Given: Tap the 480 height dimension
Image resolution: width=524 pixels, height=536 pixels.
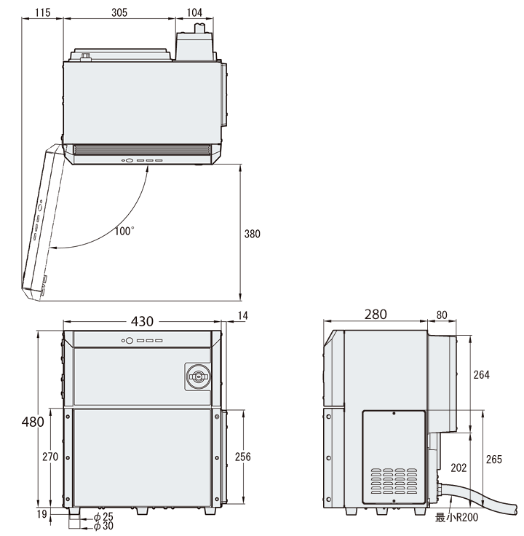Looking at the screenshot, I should tap(33, 421).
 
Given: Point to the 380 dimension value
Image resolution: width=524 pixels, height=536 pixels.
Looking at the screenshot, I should tap(253, 234).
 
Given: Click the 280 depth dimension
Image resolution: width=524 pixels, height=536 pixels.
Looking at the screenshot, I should tap(376, 314).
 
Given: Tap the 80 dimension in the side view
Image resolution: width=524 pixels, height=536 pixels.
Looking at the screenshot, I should tap(441, 315).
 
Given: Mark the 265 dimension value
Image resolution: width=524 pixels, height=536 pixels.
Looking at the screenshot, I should tap(493, 459).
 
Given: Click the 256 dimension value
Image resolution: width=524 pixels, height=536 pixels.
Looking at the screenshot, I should tap(243, 457).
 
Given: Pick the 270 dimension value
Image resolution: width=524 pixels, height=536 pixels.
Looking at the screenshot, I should tap(49, 457).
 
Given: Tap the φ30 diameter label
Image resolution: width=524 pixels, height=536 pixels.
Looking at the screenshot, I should tap(103, 526).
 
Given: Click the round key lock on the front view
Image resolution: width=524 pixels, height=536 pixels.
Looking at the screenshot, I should tap(197, 376).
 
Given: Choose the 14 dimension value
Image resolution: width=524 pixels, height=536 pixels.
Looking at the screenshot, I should tap(242, 315).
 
